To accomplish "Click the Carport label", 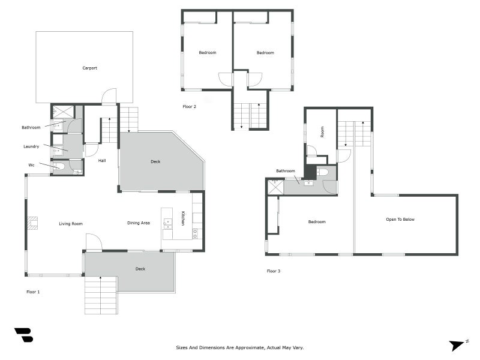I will click(89, 68).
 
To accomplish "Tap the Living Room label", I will click(70, 224).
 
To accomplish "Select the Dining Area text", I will click(139, 223).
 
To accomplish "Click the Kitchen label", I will click(183, 219).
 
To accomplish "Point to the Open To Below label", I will click(400, 220).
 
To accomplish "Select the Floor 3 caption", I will click(274, 271).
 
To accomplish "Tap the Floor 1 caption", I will click(33, 292).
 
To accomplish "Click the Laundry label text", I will click(31, 146).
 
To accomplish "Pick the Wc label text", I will click(31, 165).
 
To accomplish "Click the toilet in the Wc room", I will click(59, 167).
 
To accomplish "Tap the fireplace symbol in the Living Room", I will click(32, 223).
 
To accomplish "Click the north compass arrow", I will click(458, 345).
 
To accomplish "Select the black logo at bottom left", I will click(23, 335).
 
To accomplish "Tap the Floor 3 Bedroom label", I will click(317, 222).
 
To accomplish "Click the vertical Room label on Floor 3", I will click(322, 132).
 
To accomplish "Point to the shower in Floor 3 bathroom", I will click(275, 187).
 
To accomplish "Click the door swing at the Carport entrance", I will click(109, 97).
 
